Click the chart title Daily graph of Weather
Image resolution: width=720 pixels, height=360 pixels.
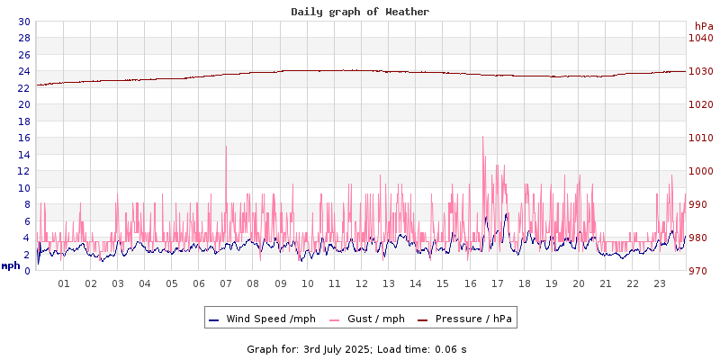tap(359, 12)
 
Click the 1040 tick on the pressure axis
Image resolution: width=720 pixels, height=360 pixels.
tap(700, 38)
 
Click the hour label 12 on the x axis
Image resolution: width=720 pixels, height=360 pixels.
tap(362, 284)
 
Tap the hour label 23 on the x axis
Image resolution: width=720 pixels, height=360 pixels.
tap(660, 284)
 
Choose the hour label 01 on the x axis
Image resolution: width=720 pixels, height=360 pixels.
tap(64, 284)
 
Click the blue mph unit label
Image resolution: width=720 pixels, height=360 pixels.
tap(11, 265)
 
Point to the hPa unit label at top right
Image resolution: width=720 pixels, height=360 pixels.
tap(703, 25)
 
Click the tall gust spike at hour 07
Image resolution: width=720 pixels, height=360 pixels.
tap(226, 147)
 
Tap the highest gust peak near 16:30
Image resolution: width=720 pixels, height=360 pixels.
tap(483, 137)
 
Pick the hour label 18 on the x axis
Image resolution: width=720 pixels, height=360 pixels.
tap(525, 284)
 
